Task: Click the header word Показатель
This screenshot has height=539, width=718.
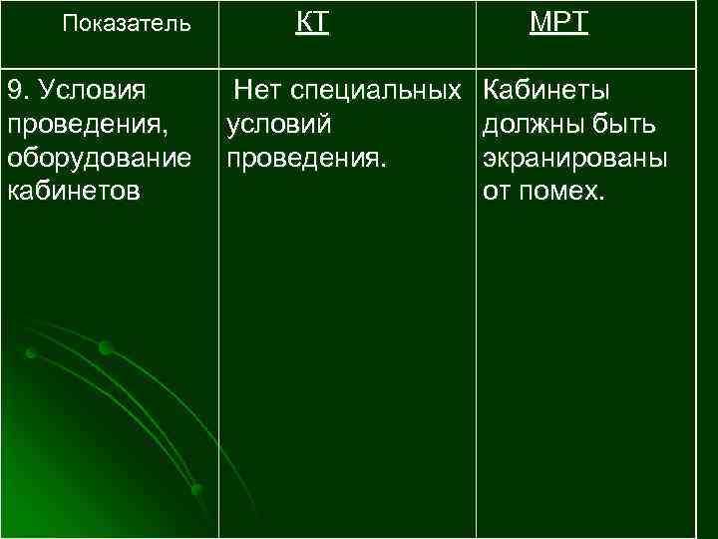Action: [x=126, y=24]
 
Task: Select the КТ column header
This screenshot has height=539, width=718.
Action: [x=312, y=23]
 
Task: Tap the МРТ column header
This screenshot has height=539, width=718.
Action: [x=558, y=23]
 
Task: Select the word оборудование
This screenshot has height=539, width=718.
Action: [x=99, y=160]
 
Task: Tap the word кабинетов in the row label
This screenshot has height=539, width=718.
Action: [x=73, y=192]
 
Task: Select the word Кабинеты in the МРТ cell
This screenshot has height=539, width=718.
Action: [x=546, y=92]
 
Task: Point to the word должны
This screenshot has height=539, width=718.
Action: [x=532, y=126]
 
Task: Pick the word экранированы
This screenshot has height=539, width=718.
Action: [x=574, y=160]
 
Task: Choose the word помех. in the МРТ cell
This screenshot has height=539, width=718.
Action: [x=563, y=192]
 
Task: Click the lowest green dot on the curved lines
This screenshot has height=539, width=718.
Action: [x=197, y=489]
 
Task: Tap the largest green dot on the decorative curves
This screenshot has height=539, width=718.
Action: [x=105, y=347]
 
